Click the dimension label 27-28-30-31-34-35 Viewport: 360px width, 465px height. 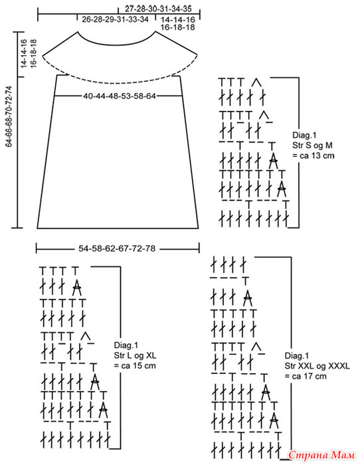[158, 8]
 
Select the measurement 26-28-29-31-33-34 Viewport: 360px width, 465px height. [115, 19]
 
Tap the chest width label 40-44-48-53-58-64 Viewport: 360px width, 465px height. [119, 96]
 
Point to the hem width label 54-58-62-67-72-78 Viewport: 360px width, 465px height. [117, 248]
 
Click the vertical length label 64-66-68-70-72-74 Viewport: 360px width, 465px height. [9, 116]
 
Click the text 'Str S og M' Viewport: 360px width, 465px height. [312, 145]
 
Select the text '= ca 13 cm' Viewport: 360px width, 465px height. [313, 155]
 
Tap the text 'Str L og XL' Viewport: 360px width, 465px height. [135, 355]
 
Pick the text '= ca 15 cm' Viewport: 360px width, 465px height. [135, 365]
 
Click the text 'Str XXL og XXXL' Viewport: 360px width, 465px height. [317, 365]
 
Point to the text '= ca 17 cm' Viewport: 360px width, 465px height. [306, 376]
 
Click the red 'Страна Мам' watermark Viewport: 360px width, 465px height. [321, 454]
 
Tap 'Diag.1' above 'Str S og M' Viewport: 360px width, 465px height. [305, 135]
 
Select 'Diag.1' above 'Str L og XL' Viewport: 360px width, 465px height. [126, 345]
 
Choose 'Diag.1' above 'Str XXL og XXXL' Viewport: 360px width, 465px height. [297, 355]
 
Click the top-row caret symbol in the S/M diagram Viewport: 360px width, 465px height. [256, 82]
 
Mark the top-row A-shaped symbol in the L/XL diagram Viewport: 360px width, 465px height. [77, 287]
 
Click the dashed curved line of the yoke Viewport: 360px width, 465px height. [120, 80]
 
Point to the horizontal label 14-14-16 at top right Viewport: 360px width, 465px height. [178, 19]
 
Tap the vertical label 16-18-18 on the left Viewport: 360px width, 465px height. [33, 53]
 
